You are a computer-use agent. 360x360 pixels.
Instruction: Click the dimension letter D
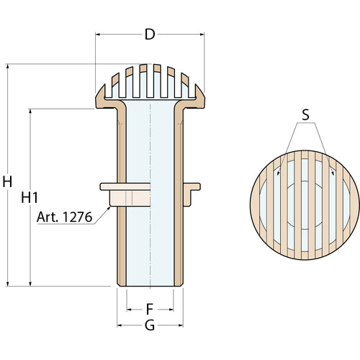point(150,35)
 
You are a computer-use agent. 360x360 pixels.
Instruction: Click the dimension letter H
point(7,181)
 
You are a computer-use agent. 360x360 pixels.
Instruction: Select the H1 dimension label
point(30,198)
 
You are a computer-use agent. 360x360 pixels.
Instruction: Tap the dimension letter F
point(150,309)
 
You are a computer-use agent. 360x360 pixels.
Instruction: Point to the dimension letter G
point(150,325)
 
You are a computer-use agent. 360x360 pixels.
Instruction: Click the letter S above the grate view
point(305,114)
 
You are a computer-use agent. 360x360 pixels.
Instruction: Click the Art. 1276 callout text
point(64,217)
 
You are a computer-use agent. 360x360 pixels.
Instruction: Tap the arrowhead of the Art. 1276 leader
point(109,208)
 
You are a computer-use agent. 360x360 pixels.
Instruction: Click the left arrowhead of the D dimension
point(98,35)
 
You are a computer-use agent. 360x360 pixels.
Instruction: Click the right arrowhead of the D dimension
point(202,35)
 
